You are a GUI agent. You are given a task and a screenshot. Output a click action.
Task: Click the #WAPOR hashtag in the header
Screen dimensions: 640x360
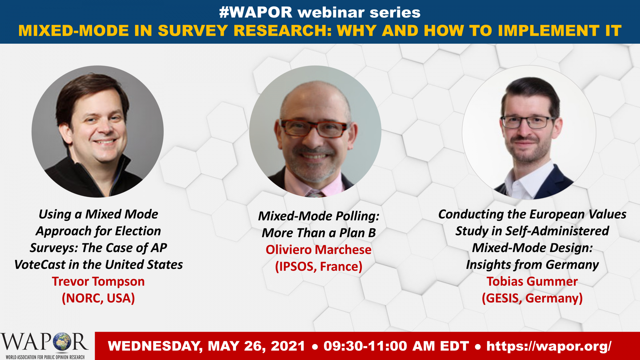click(x=256, y=12)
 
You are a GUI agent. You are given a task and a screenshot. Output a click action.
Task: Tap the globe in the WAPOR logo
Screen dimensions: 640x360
click(x=61, y=342)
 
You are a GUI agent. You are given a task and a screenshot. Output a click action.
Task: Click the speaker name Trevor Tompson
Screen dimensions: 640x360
click(x=98, y=282)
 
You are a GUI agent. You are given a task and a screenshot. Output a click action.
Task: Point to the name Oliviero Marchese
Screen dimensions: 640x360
click(x=318, y=250)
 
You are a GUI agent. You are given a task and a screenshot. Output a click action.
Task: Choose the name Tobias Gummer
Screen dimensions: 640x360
click(x=532, y=282)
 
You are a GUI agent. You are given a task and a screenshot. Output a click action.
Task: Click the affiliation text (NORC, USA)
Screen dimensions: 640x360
click(x=98, y=298)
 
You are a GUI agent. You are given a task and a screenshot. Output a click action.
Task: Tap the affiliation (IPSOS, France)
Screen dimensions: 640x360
click(x=319, y=267)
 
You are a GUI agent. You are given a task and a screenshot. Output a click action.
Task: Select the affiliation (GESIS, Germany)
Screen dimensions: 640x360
click(x=532, y=298)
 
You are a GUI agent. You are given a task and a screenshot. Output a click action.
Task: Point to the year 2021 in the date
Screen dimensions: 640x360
click(x=288, y=346)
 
